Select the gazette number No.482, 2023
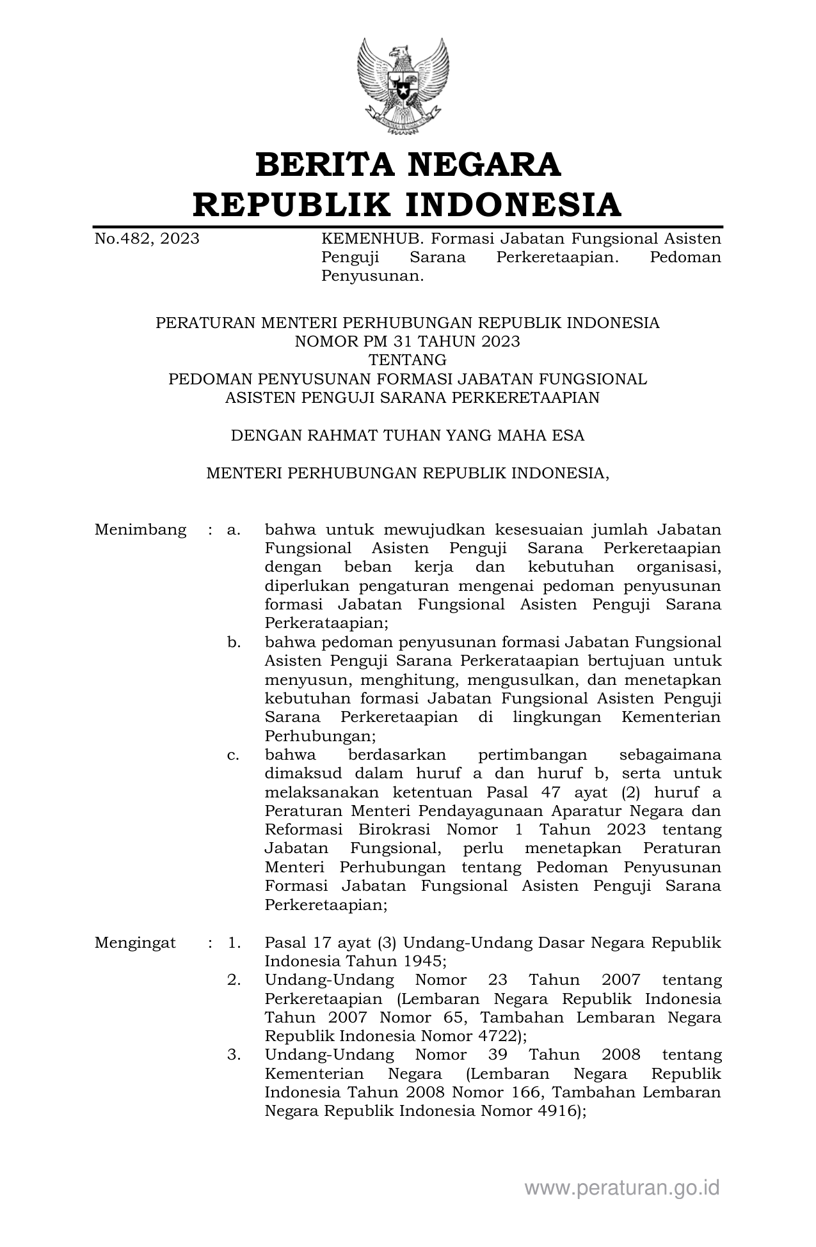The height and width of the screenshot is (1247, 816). (x=147, y=239)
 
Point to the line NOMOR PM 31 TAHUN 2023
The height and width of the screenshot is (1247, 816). (x=407, y=341)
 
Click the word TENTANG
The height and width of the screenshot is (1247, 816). (x=407, y=360)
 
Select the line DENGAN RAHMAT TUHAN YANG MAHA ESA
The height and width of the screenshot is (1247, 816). (x=407, y=435)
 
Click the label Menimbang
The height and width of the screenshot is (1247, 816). (x=140, y=529)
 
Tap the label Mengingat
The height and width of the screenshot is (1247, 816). (x=135, y=943)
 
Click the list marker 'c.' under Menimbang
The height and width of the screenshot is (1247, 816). (x=233, y=755)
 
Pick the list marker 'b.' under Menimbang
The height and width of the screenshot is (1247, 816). (x=234, y=642)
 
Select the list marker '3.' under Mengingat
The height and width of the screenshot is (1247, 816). (x=234, y=1055)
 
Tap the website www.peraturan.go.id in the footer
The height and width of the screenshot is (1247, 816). (x=622, y=1188)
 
